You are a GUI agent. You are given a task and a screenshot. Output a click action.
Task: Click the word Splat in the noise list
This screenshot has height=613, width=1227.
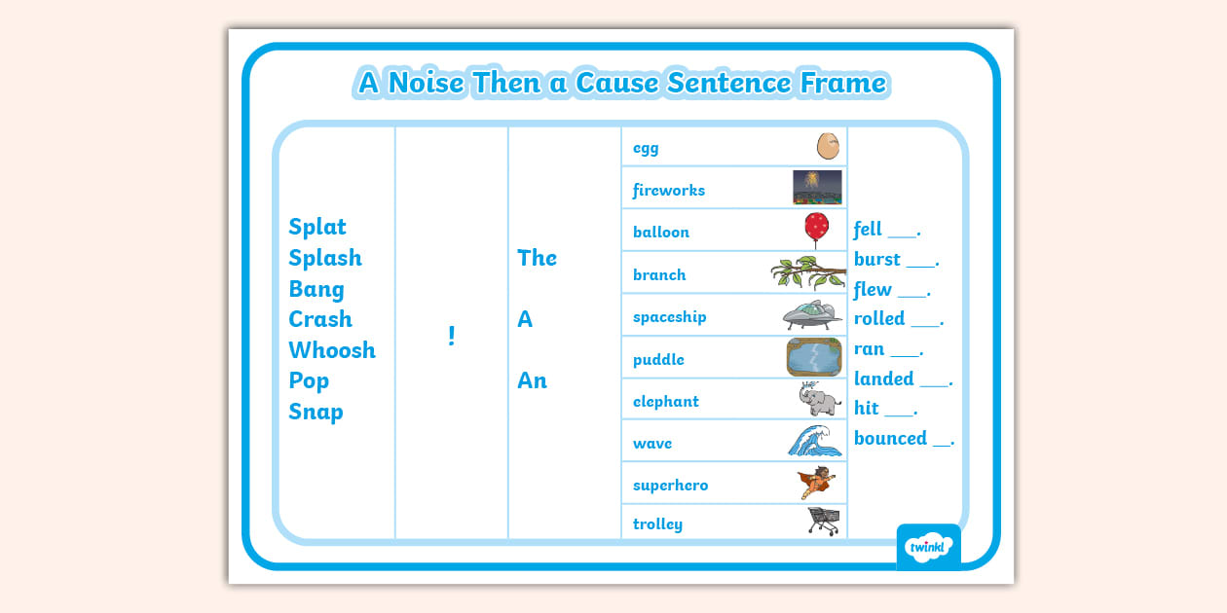tap(317, 227)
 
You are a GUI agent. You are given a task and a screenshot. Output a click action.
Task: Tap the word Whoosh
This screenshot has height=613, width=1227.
tap(331, 350)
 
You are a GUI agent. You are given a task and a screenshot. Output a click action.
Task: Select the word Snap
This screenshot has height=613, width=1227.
tap(316, 412)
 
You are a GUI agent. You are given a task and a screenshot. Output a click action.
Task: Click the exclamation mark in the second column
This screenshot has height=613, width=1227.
tap(451, 336)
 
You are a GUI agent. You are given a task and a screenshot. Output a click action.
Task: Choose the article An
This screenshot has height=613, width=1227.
tap(532, 380)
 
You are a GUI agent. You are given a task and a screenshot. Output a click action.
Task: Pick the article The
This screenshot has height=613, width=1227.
tap(537, 258)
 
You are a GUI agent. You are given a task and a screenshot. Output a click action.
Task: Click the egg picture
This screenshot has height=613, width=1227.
tap(827, 147)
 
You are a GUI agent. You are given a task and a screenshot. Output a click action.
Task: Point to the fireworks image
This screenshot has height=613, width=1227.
tap(817, 188)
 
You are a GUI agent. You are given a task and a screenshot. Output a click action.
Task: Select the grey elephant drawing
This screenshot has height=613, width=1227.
tap(819, 399)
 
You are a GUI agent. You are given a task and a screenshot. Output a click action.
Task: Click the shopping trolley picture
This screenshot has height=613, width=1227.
tap(824, 522)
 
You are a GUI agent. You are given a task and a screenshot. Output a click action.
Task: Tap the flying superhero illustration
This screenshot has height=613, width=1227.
tap(816, 483)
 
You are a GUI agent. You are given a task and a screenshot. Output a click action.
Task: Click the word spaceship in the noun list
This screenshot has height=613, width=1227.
tap(669, 317)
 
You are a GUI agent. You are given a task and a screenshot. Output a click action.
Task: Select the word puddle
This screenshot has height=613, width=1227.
tap(658, 360)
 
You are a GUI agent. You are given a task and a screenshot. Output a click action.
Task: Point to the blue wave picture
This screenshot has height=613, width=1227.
tap(815, 441)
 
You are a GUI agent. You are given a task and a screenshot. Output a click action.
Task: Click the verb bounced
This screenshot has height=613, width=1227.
tap(890, 439)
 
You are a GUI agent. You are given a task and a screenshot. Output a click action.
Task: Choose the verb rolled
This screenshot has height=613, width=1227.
tap(879, 319)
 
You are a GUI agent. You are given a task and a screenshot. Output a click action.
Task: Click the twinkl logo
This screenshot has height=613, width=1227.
tap(928, 547)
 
